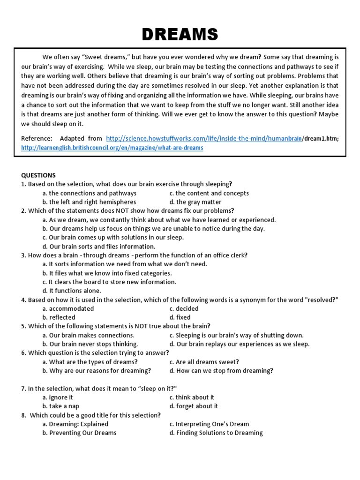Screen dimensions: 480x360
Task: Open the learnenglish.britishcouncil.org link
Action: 112,148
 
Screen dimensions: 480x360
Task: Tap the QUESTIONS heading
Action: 38,175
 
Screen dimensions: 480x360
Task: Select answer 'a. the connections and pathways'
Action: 89,193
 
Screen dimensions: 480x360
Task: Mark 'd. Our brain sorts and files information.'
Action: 98,247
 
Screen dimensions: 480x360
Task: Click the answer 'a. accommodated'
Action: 68,308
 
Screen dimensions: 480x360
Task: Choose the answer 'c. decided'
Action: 184,308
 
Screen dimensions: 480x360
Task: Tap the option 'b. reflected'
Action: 59,317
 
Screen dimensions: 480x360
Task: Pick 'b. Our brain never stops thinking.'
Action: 90,344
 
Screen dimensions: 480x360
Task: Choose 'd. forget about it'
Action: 194,406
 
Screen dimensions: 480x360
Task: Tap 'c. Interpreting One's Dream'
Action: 209,424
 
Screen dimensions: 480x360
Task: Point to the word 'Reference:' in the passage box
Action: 37,138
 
